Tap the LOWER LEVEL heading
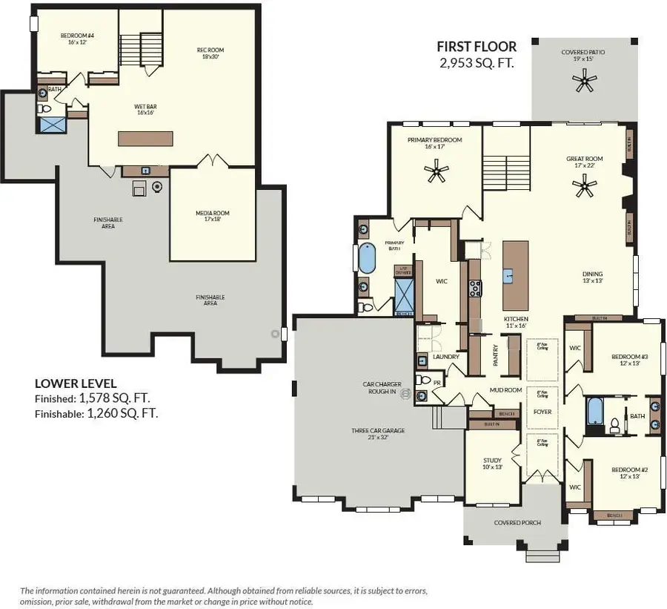(75, 383)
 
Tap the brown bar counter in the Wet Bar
(147, 139)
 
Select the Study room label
(492, 464)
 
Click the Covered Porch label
(517, 523)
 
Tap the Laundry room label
(445, 357)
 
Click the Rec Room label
(210, 53)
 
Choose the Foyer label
(542, 412)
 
